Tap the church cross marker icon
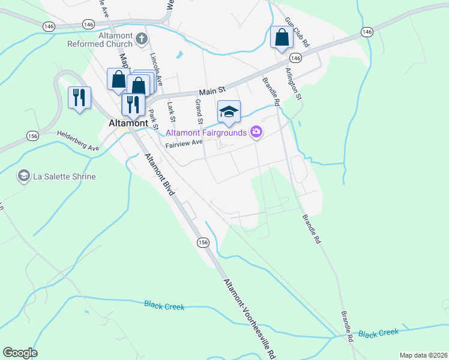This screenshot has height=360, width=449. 142,40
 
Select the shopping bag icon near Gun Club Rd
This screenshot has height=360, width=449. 282,38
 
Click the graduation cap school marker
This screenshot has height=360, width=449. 229,112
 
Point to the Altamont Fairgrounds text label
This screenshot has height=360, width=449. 207,132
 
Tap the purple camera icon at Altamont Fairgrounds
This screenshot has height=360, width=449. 257,132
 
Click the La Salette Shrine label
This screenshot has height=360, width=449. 64,176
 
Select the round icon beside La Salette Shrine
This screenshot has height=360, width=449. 24,176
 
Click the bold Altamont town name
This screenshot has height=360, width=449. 128,122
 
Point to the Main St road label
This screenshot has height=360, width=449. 212,90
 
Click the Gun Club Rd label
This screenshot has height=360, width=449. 297,32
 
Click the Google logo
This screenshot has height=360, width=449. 20,352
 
